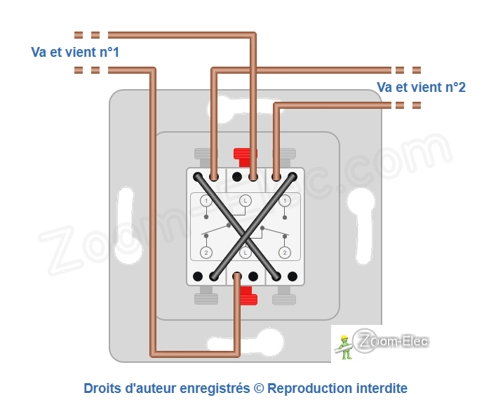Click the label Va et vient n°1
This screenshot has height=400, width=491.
tap(75, 53)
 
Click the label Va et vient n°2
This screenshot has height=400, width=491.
tap(421, 87)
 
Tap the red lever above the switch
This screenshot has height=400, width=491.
tap(245, 155)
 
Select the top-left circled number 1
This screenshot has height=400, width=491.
tap(206, 201)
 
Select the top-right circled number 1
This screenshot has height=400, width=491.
tap(284, 201)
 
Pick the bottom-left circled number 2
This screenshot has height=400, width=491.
tap(206, 253)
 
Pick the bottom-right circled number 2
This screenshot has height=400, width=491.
tap(284, 253)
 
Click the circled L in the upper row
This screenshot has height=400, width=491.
tap(245, 201)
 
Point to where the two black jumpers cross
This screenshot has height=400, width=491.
tap(245, 227)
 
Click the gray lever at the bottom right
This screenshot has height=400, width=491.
tap(283, 298)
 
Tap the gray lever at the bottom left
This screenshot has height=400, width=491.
tap(206, 298)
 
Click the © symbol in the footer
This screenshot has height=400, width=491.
tap(258, 388)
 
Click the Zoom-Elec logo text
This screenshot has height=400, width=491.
tap(393, 342)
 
